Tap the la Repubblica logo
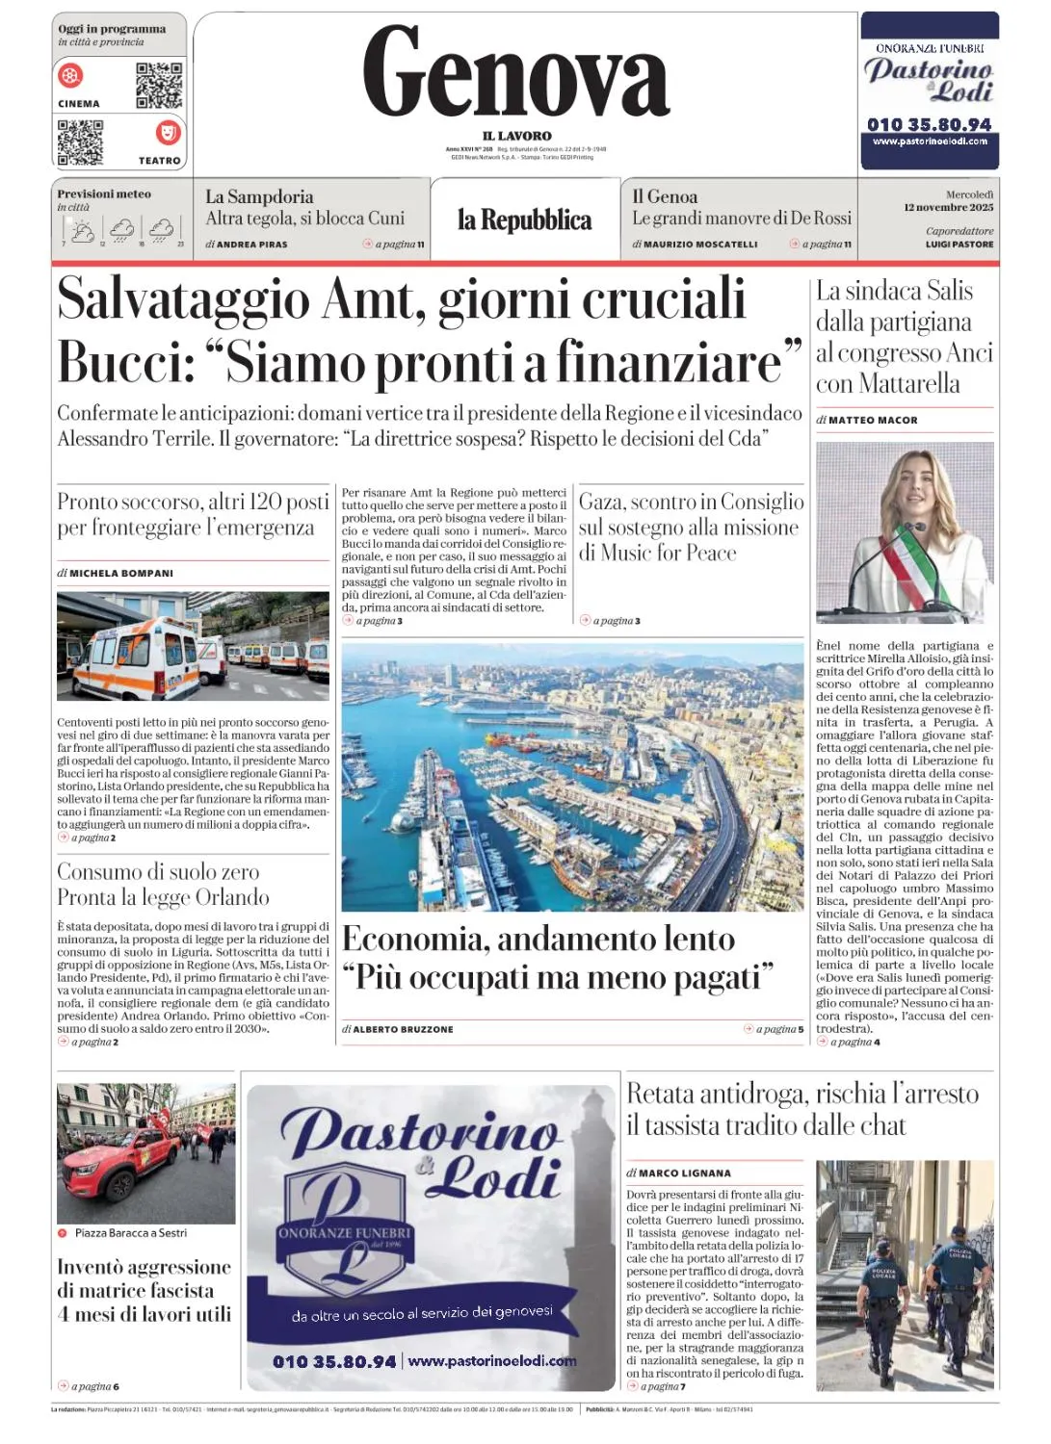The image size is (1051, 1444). click(524, 220)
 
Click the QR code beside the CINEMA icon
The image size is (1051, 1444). click(159, 85)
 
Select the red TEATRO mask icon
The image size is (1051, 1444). click(168, 132)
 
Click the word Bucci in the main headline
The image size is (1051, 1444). click(118, 363)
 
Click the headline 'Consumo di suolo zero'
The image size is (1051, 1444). click(158, 872)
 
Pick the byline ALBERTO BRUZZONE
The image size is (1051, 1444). click(403, 1029)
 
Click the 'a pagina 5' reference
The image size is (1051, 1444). click(778, 1029)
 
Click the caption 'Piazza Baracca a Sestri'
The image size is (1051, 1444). click(131, 1233)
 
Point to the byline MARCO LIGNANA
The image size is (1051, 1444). click(684, 1173)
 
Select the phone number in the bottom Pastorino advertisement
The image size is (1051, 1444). click(334, 1361)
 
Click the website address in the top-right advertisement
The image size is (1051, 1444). click(930, 142)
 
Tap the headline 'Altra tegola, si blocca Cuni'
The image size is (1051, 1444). click(304, 219)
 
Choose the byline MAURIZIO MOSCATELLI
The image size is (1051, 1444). click(700, 245)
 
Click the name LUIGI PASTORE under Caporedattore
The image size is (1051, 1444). click(959, 245)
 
